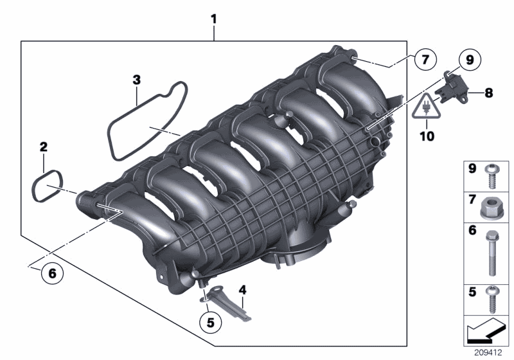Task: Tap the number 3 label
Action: coord(136,79)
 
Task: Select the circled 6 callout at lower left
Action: coord(52,273)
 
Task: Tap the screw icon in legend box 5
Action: coord(493,299)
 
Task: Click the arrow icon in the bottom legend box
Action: coord(486,332)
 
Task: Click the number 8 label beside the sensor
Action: coord(489,93)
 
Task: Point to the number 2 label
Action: coord(43,147)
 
